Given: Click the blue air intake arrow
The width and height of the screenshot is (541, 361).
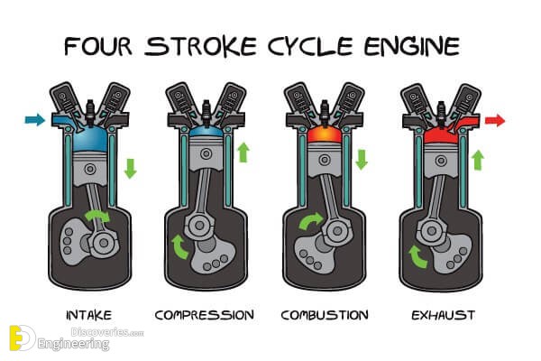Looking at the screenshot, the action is [35, 120].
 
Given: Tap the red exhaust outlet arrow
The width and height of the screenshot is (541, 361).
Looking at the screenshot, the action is [495, 121].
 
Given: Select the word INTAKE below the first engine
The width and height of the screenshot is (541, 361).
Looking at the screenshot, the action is [89, 315].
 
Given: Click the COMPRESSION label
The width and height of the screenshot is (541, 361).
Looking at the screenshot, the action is [205, 315].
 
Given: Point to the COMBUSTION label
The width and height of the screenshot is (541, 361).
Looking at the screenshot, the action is [325, 315].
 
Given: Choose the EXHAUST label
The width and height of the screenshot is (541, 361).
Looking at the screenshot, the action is [444, 315].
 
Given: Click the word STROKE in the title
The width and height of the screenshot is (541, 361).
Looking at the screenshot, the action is [201, 46].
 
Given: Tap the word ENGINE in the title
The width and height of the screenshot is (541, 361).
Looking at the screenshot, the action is [412, 46].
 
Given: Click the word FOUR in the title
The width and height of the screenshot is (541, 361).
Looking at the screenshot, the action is [98, 46].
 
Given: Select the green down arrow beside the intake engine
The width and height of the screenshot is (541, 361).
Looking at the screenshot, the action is [131, 169].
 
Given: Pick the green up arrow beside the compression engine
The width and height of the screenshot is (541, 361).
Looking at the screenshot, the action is [243, 153].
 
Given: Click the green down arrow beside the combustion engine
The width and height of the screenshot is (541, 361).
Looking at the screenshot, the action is [362, 159].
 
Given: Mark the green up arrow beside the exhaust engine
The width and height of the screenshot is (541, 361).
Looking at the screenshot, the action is [478, 160].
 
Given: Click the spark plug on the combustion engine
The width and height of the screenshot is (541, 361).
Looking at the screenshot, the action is [324, 111].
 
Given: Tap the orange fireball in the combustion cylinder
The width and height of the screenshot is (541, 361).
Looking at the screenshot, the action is [324, 134].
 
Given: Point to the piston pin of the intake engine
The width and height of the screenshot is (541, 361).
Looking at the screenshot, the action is [90, 170].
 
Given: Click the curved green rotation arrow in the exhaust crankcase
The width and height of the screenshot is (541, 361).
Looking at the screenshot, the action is [417, 256].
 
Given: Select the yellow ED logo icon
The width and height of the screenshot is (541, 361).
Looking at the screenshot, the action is [22, 338].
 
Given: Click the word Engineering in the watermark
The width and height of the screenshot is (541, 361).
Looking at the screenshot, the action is [74, 344].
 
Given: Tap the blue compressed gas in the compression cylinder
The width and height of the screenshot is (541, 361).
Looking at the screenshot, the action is [206, 132].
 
